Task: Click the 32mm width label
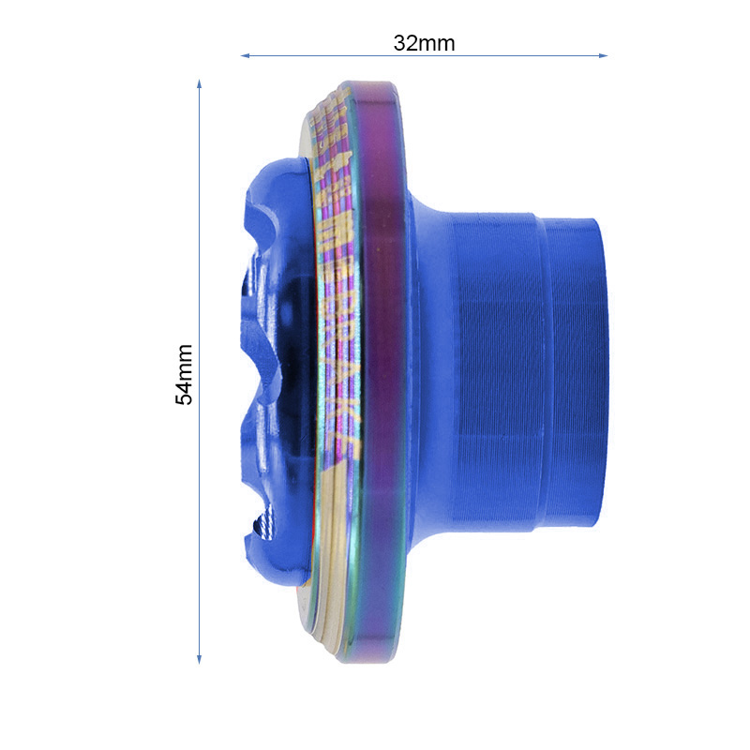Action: click(424, 43)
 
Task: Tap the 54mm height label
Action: click(186, 373)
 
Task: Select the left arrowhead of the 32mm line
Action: click(246, 55)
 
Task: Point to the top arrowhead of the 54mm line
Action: click(199, 84)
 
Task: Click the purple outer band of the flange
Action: click(384, 375)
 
